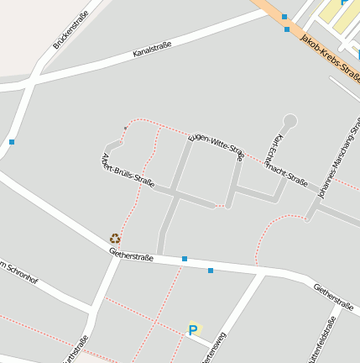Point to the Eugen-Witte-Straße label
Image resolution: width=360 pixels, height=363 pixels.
click(x=217, y=145)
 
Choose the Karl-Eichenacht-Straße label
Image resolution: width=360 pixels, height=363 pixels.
click(x=290, y=160)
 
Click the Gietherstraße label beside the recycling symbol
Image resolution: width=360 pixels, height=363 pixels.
click(x=131, y=254)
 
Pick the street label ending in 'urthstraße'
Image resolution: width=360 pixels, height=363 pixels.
click(x=74, y=350)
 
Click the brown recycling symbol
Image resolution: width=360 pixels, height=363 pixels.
click(x=115, y=239)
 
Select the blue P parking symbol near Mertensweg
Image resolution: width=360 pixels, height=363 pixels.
click(x=193, y=330)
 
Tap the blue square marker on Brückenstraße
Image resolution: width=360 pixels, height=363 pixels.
click(x=12, y=142)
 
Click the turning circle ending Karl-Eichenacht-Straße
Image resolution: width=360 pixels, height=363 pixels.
click(x=290, y=120)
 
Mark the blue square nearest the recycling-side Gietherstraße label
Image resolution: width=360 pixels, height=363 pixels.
click(x=185, y=259)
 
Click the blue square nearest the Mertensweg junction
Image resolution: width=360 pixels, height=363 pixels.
click(x=211, y=271)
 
